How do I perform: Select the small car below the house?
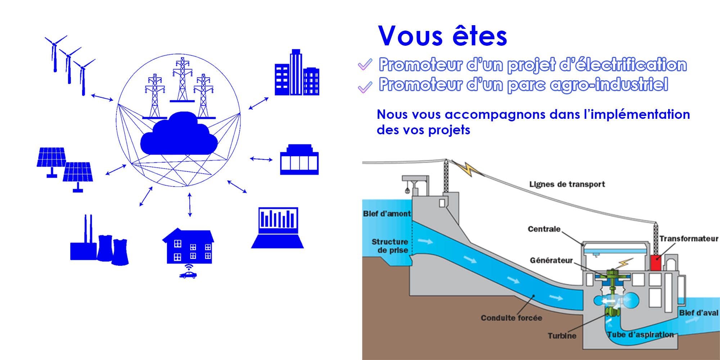click(188, 275)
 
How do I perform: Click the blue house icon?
click(189, 246)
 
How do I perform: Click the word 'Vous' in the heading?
click(410, 36)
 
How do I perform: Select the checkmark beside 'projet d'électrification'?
click(365, 65)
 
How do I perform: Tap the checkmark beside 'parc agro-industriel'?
click(365, 87)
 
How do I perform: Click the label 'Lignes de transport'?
click(567, 184)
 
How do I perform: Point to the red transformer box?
click(656, 263)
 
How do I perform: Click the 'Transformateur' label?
click(689, 239)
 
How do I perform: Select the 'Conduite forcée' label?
click(511, 318)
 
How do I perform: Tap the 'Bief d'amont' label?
click(387, 213)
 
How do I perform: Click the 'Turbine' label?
click(562, 336)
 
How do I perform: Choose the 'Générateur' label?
click(551, 260)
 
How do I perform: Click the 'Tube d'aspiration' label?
click(640, 334)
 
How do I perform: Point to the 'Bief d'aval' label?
click(698, 313)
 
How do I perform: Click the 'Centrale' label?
click(544, 229)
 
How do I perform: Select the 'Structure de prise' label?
click(390, 246)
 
